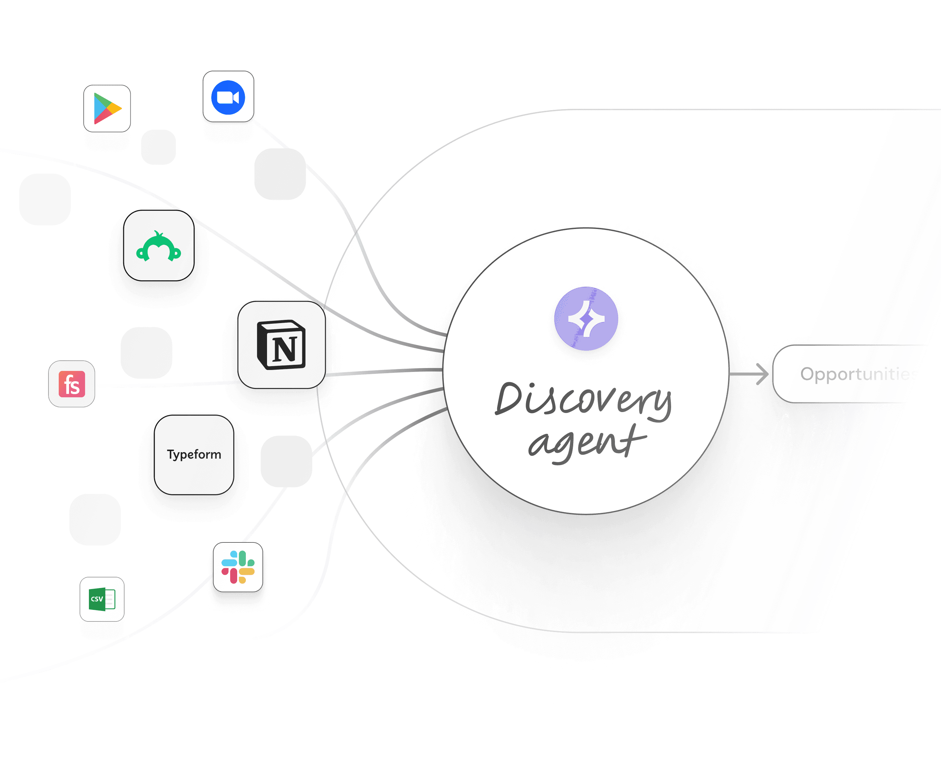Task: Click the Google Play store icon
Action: (107, 108)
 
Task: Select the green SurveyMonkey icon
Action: (159, 246)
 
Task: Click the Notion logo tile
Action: (281, 345)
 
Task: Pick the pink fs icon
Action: (72, 384)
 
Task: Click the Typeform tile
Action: (194, 454)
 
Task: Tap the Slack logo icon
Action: (238, 567)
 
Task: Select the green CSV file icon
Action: (102, 599)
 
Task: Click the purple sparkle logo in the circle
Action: (586, 318)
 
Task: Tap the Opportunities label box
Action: (855, 374)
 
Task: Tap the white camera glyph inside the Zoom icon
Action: (228, 97)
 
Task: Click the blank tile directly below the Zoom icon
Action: (280, 174)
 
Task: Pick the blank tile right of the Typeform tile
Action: (286, 461)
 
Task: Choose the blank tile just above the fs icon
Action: (146, 353)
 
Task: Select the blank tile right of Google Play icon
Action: (158, 147)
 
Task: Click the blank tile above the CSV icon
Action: (95, 519)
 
